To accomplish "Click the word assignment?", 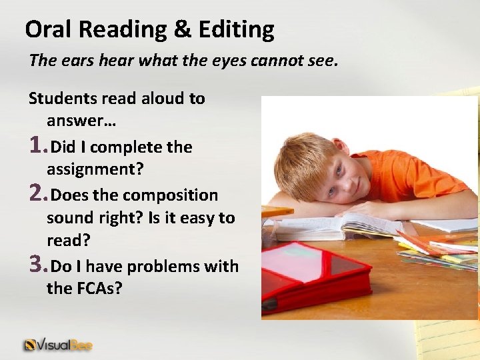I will pyautogui.click(x=95, y=169).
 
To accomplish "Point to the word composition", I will pyautogui.click(x=170, y=195).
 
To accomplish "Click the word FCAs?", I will pyautogui.click(x=94, y=289).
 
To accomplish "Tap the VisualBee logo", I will pyautogui.click(x=58, y=345).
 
